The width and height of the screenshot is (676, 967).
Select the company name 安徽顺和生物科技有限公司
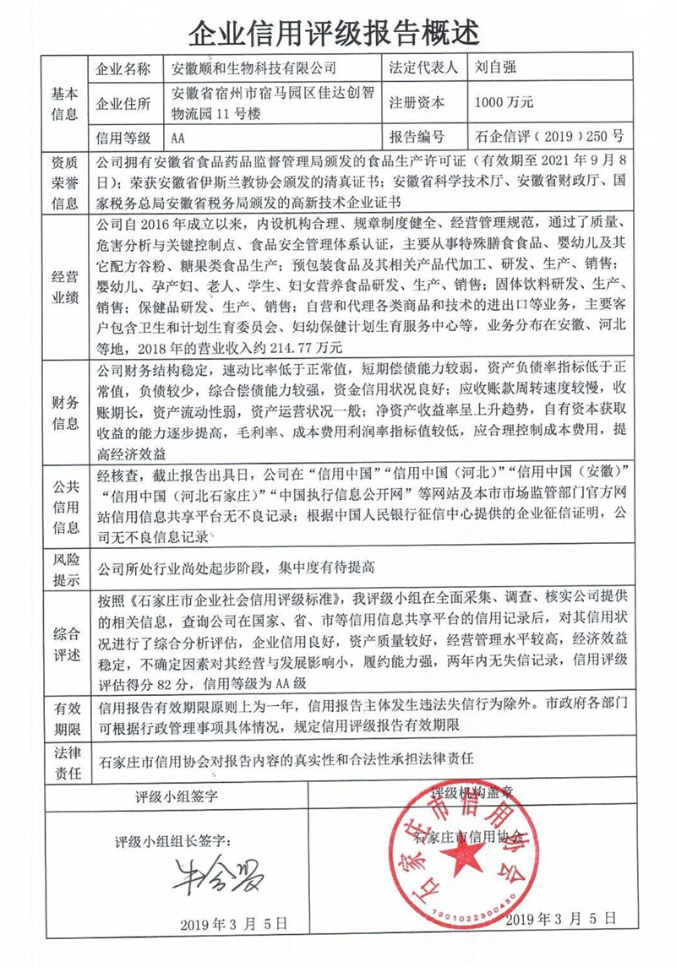point(253,68)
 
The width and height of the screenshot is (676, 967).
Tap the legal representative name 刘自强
point(498,68)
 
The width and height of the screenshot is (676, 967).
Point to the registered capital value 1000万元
point(504,103)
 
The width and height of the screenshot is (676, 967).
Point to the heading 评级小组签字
point(177,796)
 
